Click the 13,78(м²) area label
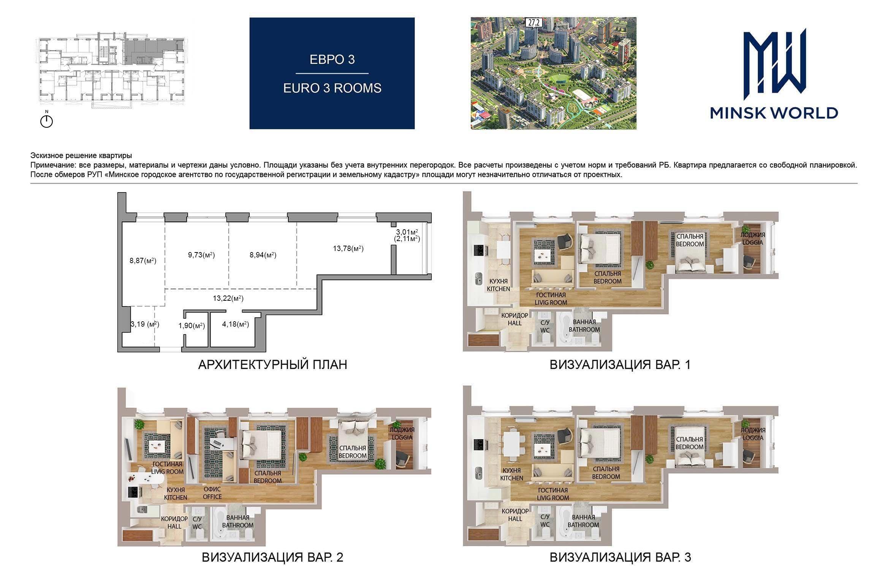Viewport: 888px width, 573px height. (348, 249)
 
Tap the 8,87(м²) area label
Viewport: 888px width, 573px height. (143, 260)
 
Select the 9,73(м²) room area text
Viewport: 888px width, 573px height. (201, 255)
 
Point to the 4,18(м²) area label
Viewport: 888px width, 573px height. (236, 324)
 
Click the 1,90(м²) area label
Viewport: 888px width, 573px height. (192, 325)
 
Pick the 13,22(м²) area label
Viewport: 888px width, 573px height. (228, 298)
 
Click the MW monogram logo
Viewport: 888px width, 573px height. (774, 65)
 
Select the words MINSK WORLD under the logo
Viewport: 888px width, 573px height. (774, 113)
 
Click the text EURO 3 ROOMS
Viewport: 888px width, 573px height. (332, 88)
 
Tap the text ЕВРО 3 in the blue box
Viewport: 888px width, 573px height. (332, 60)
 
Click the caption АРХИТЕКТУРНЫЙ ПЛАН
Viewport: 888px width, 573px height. (272, 365)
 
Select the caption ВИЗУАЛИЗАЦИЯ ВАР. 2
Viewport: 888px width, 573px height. (272, 557)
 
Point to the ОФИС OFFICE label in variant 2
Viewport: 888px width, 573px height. (212, 493)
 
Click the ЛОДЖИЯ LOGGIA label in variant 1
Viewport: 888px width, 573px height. (753, 239)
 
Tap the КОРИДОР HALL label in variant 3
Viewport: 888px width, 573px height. (515, 515)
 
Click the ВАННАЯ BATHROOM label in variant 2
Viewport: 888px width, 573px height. (238, 521)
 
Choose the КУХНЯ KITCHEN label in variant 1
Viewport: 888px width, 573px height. (499, 285)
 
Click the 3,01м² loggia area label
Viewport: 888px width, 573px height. (407, 232)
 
